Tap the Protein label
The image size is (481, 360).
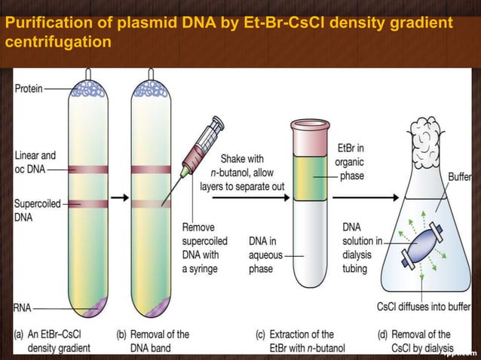pos(29,88)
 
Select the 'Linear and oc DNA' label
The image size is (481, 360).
pos(35,163)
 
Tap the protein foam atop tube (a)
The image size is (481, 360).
pos(88,89)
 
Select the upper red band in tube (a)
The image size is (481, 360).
pos(88,169)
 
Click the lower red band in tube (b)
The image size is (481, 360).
pos(151,203)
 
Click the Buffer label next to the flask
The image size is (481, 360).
pos(459,178)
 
